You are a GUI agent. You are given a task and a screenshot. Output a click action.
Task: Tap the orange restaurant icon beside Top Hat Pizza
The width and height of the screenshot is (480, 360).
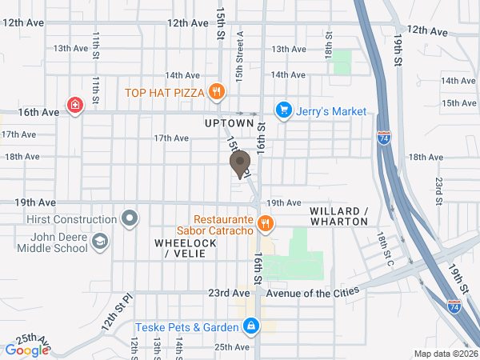tap(215, 92)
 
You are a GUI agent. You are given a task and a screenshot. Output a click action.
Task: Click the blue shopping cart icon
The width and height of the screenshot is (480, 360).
tap(282, 110)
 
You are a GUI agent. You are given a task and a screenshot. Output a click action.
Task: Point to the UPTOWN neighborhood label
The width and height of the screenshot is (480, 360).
tap(229, 124)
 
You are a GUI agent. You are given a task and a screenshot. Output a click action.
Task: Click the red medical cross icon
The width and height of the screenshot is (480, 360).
tap(74, 105)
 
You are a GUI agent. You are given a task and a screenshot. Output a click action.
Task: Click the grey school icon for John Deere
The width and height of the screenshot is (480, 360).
tap(100, 241)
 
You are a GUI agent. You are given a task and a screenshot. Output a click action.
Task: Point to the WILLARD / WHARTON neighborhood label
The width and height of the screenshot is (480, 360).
tap(338, 216)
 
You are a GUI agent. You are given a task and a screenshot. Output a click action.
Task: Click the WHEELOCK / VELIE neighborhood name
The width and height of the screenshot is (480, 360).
tap(185, 247)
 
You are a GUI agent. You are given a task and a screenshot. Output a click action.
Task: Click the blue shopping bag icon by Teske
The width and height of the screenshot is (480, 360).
tap(251, 326)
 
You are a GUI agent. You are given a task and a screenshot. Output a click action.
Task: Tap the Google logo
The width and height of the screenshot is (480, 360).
tap(27, 350)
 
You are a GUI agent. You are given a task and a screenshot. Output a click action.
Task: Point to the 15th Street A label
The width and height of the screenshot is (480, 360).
tap(239, 56)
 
